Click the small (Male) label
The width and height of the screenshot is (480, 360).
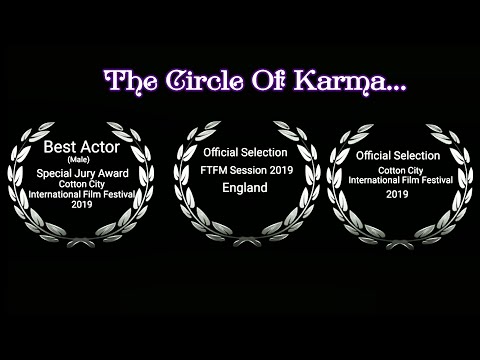78,160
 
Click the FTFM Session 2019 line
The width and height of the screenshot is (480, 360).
240,171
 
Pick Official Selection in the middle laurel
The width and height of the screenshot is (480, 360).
240,153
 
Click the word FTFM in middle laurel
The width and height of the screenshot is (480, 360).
213,171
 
